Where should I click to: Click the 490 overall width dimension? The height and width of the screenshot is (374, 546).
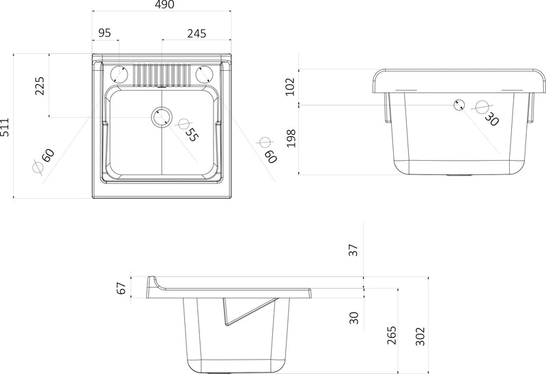click(x=164, y=5)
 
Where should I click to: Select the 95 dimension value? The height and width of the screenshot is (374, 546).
click(x=105, y=33)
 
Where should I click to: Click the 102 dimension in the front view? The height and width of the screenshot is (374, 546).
click(x=290, y=86)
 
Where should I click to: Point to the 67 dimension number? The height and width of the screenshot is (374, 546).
click(x=122, y=287)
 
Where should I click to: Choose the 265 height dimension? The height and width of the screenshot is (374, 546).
click(x=391, y=336)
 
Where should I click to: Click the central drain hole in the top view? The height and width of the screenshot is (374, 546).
click(x=161, y=116)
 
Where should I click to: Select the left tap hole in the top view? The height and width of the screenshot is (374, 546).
click(x=119, y=74)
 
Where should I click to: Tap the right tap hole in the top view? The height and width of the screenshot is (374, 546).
click(x=203, y=74)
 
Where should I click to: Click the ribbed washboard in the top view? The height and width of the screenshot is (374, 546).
click(x=161, y=74)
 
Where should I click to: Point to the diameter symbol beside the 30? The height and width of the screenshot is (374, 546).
click(x=481, y=108)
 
